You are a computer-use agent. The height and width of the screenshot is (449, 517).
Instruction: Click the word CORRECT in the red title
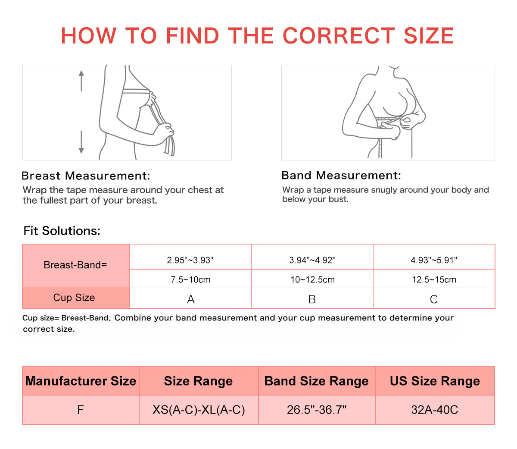339,35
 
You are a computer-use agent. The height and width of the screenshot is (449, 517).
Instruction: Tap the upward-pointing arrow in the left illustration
81,81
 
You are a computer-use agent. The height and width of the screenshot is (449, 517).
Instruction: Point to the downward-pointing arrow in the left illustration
81,142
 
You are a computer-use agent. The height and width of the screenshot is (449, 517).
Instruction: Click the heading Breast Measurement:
86,176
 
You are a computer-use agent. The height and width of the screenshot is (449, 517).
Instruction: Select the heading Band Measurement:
341,175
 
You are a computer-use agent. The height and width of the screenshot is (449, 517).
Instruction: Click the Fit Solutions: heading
62,231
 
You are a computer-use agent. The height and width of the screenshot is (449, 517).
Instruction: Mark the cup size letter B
312,299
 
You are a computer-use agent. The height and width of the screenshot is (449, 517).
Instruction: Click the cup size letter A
191,299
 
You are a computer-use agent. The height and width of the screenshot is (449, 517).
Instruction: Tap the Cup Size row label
74,298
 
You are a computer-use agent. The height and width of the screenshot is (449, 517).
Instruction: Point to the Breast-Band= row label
75,265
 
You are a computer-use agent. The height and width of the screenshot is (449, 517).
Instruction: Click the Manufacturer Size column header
81,381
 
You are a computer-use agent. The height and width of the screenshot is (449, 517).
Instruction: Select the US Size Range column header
435,381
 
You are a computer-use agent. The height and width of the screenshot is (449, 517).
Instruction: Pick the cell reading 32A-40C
435,410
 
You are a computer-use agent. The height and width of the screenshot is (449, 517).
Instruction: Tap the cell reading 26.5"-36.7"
317,410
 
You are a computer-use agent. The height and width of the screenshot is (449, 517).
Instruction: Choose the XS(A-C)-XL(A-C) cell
199,410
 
